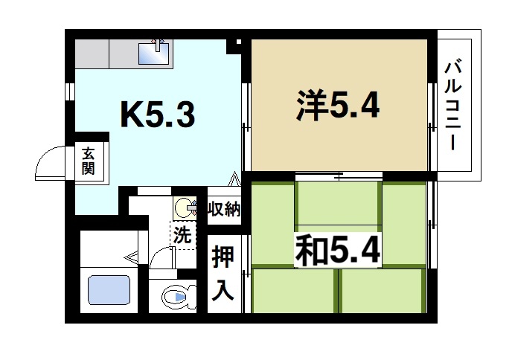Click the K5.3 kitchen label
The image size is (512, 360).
(158, 115)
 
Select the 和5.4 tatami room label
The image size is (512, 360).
(339, 251)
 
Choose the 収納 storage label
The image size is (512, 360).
(224, 209)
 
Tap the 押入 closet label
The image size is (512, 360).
(224, 273)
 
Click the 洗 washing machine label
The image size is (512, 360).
(182, 237)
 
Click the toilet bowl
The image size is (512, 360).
(176, 300)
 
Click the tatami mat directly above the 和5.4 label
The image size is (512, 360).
(339, 202)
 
